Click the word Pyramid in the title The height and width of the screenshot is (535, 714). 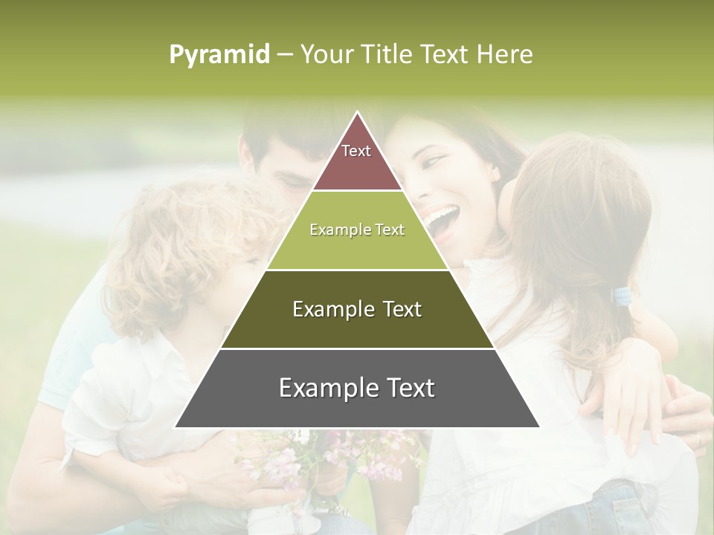point(219,55)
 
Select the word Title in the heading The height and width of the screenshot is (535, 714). point(387,55)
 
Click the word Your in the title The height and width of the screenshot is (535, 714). point(325,55)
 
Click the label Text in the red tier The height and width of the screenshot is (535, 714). point(356,151)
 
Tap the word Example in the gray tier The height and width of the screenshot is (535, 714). point(324,388)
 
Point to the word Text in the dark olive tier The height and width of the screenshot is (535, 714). point(397,309)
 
